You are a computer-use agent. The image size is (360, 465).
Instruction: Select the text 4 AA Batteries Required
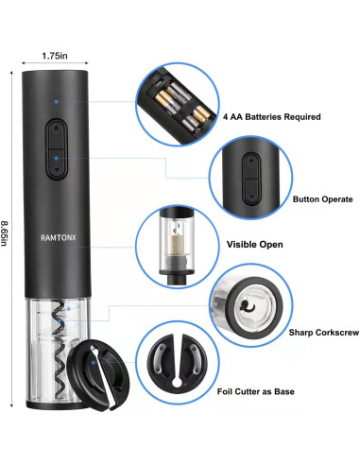click(270, 117)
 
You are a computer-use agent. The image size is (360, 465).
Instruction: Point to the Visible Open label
click(254, 244)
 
